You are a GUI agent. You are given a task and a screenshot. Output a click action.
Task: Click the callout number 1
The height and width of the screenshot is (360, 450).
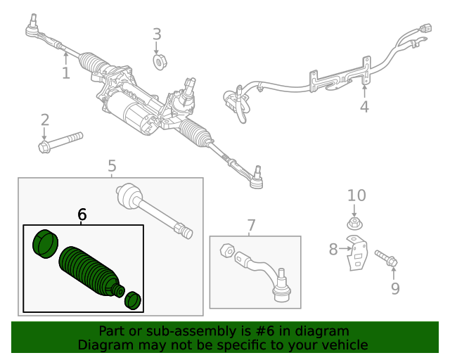[x=65, y=72]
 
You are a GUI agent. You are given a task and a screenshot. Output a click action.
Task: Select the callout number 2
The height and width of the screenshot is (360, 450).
[x=44, y=120]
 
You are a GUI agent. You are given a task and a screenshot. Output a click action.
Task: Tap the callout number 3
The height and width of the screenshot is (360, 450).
[x=157, y=34]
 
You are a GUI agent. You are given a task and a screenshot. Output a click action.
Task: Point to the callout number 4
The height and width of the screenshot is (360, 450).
[x=364, y=107]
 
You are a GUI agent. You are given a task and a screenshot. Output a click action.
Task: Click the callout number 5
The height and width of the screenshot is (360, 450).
[x=112, y=166]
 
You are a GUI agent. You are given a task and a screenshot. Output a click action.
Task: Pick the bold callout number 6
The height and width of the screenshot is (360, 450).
[x=82, y=214]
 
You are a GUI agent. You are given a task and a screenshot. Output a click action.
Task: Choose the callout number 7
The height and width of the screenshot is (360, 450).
[x=251, y=226]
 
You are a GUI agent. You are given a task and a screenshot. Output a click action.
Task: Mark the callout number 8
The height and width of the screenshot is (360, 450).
[x=333, y=248]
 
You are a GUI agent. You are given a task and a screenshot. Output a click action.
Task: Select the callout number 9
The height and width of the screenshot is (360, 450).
[x=394, y=288]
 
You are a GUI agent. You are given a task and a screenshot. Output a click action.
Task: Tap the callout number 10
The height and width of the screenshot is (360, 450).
[x=356, y=195]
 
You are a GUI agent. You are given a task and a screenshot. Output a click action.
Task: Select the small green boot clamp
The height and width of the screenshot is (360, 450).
[x=133, y=301]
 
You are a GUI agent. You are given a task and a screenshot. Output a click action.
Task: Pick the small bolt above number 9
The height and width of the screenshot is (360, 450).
[x=386, y=257]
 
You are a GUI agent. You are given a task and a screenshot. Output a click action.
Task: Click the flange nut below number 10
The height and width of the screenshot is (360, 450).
[x=355, y=225]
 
